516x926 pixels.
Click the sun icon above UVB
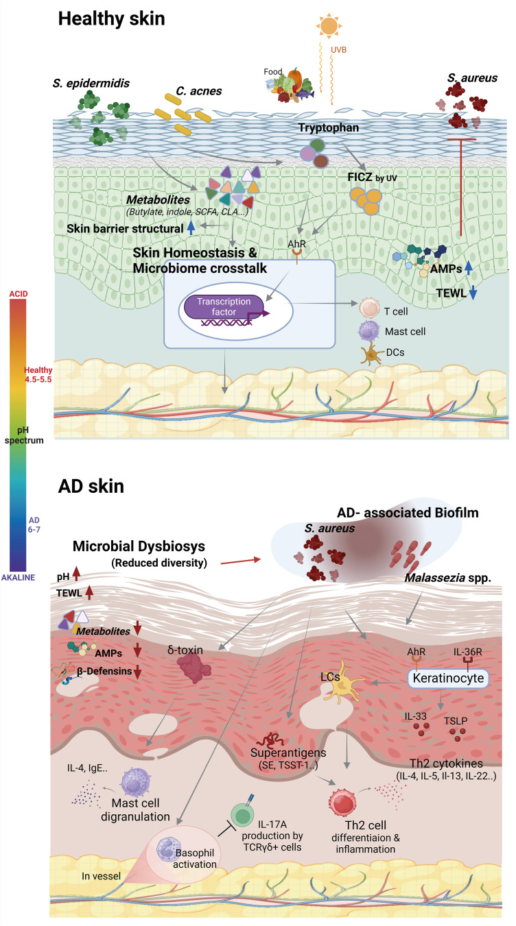point(328,25)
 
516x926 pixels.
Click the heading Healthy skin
point(111,19)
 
